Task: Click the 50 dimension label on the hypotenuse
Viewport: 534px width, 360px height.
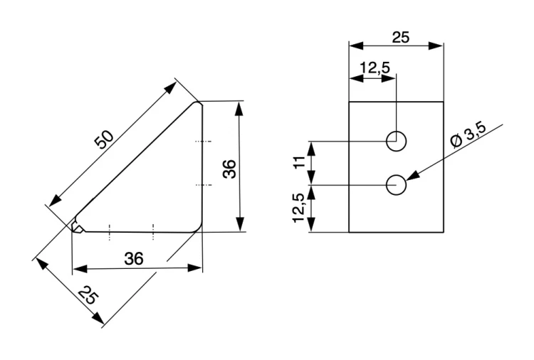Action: (103, 139)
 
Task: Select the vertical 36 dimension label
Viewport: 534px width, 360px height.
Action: (229, 169)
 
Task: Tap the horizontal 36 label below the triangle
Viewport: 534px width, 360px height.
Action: (134, 258)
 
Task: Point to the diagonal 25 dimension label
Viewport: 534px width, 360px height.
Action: (88, 295)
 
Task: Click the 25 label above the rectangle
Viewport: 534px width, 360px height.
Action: (400, 38)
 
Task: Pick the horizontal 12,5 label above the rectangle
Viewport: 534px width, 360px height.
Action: (375, 68)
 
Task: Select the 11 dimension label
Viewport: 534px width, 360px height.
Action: (300, 162)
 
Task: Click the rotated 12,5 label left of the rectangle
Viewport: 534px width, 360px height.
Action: (298, 208)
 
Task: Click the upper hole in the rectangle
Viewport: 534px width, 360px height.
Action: (396, 141)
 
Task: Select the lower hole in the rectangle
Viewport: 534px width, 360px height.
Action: (396, 185)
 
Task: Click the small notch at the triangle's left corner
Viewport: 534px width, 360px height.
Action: (78, 227)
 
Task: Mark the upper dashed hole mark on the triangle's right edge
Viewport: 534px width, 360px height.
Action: (203, 141)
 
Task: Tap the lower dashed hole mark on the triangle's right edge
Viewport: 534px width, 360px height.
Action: (204, 185)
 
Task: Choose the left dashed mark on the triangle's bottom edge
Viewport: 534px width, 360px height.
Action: (110, 233)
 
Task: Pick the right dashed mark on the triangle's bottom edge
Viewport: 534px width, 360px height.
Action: (153, 233)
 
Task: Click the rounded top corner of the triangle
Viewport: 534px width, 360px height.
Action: (198, 102)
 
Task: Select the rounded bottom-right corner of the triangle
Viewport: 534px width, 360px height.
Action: (198, 228)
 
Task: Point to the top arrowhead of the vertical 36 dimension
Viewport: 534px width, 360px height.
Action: (240, 109)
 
